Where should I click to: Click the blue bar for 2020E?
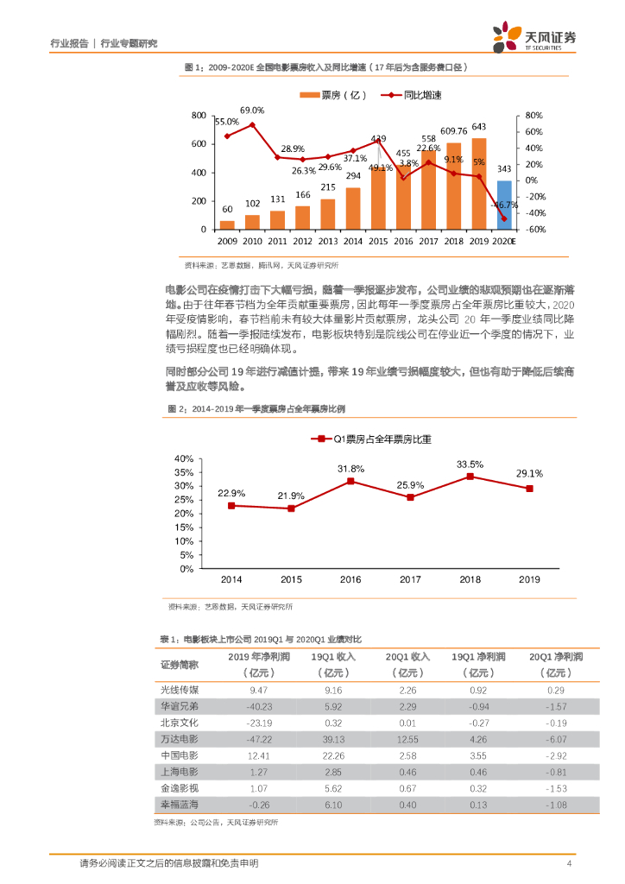(504, 205)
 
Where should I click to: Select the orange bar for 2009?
(227, 224)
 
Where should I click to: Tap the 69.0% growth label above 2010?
(252, 110)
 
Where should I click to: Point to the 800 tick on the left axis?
(198, 116)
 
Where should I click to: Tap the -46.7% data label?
(503, 205)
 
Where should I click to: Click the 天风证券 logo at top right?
(534, 36)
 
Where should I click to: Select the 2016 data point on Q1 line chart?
(350, 481)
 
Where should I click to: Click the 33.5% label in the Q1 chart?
(470, 464)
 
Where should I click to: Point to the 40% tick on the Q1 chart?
(183, 458)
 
